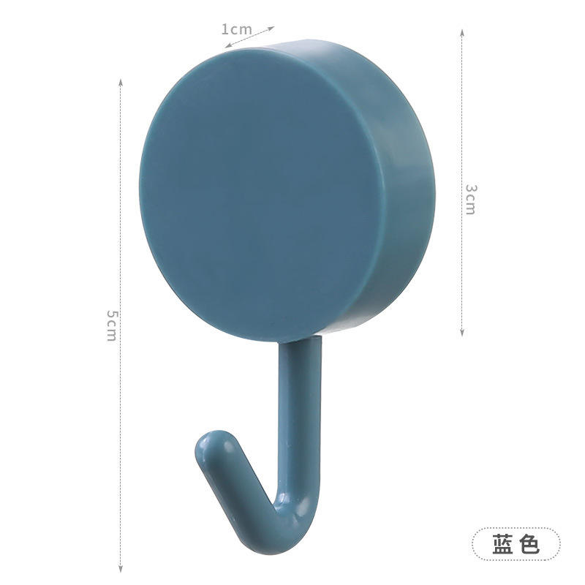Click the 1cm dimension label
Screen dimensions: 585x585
point(236,30)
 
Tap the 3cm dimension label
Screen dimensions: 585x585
point(470,198)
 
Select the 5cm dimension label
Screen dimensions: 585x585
point(110,325)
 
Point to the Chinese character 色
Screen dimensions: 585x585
point(529,544)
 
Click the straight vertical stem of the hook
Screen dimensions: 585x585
point(298,409)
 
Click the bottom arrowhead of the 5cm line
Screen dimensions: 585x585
point(121,571)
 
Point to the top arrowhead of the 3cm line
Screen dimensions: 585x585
point(462,31)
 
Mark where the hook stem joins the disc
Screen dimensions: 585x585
point(300,341)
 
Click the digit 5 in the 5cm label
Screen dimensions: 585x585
point(110,314)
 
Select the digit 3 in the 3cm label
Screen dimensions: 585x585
point(470,189)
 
